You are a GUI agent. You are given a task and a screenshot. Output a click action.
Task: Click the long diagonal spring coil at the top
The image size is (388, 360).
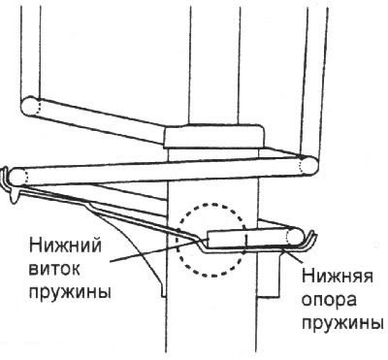pyautogui.click(x=97, y=120)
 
